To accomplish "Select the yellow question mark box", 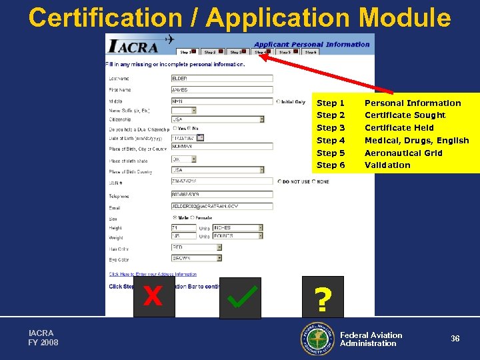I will pos(323,296).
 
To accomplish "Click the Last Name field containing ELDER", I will pos(222,78).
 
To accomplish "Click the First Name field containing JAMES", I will pos(222,89).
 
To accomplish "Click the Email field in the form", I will pos(222,207).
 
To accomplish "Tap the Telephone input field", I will pos(222,195).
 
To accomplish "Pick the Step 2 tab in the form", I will pos(212,51).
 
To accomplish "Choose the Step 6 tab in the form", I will pos(310,51).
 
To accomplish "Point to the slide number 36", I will pos(455,339).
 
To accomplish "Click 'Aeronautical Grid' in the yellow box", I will pos(403,153).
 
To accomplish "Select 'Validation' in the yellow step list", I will pos(387,165).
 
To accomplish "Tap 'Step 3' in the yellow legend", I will pos(331,127).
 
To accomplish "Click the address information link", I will pos(153,274).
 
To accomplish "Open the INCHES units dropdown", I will pos(237,228).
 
